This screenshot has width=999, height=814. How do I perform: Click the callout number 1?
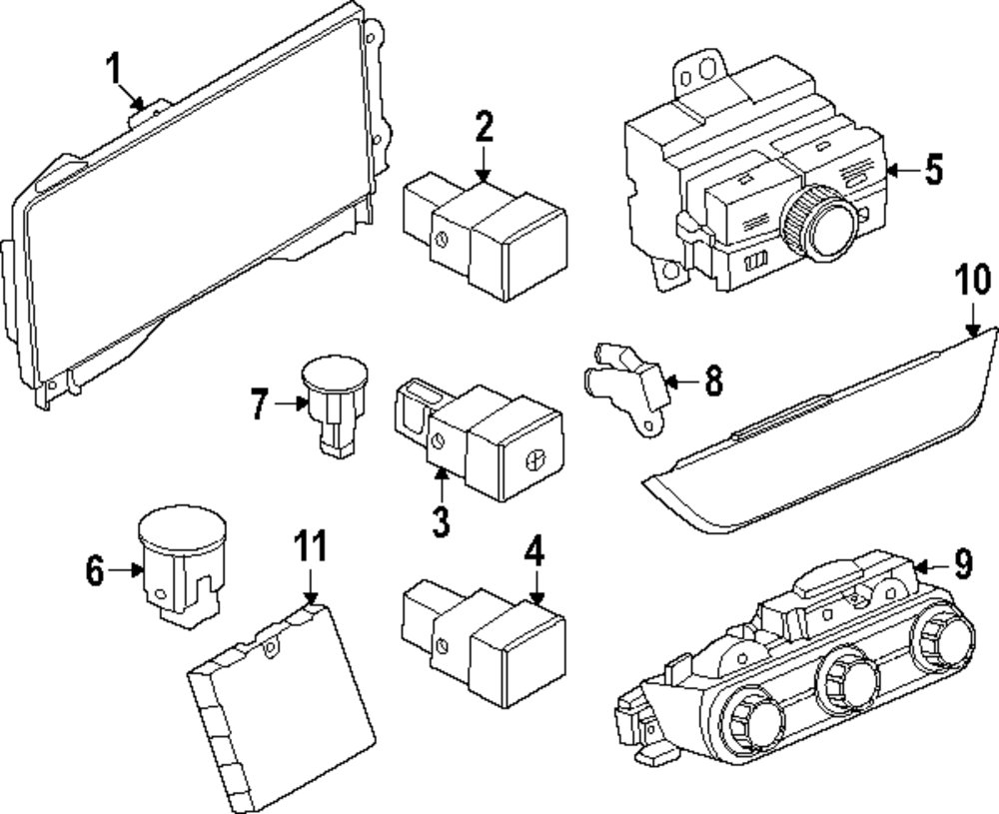[114, 70]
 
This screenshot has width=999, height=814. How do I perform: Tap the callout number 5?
[933, 170]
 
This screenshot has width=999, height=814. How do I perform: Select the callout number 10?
[973, 282]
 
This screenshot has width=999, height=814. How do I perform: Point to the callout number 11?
[311, 546]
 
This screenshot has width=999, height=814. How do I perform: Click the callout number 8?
[713, 382]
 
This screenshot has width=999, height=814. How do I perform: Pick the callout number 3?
[441, 521]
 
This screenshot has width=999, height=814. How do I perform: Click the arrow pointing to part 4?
[537, 586]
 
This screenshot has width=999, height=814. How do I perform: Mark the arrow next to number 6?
[126, 569]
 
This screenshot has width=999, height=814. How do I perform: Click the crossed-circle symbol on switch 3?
[535, 459]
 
